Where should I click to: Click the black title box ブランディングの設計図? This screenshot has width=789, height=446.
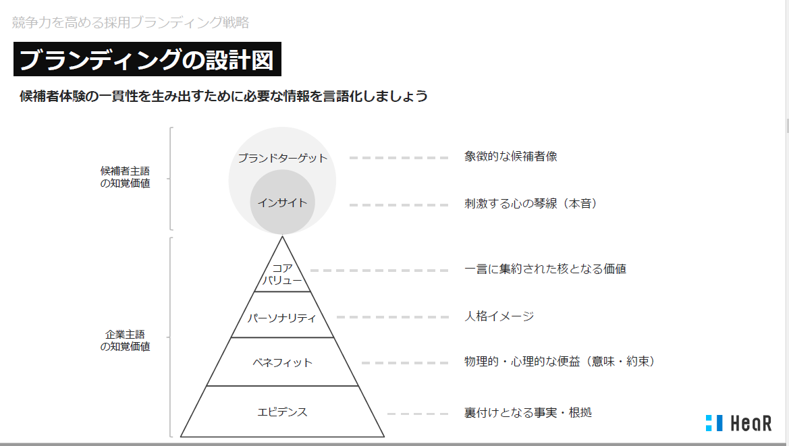click(147, 59)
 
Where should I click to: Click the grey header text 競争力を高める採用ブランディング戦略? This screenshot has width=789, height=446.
click(130, 23)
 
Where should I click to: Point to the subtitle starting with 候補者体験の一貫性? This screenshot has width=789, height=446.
click(223, 96)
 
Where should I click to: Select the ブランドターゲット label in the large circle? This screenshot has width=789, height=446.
click(282, 158)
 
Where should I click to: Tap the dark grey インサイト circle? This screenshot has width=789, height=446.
click(282, 202)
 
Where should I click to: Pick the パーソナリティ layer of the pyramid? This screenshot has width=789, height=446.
click(282, 315)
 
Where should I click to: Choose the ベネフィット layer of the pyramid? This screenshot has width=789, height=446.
click(282, 362)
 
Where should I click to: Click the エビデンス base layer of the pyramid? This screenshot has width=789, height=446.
click(282, 412)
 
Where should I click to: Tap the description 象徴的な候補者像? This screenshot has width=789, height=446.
click(510, 157)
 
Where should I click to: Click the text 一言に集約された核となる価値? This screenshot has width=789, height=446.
click(545, 269)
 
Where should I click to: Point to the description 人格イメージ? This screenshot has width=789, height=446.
click(499, 316)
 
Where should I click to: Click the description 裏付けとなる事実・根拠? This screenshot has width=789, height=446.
click(528, 413)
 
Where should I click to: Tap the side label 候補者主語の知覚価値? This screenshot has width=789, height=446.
click(125, 177)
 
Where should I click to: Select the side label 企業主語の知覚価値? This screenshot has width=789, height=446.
click(125, 341)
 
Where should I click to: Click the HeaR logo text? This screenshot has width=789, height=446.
click(751, 423)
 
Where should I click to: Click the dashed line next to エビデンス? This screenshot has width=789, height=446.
click(417, 414)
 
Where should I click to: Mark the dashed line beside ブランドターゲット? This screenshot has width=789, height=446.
click(398, 158)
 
